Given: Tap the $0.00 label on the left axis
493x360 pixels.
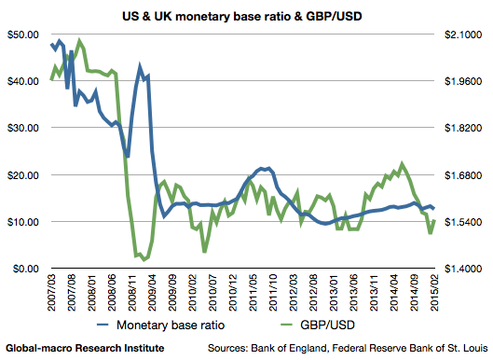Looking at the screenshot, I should point(24,269).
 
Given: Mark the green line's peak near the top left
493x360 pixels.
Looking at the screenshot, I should point(80,41).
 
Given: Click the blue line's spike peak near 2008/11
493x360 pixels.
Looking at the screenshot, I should point(140,67).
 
